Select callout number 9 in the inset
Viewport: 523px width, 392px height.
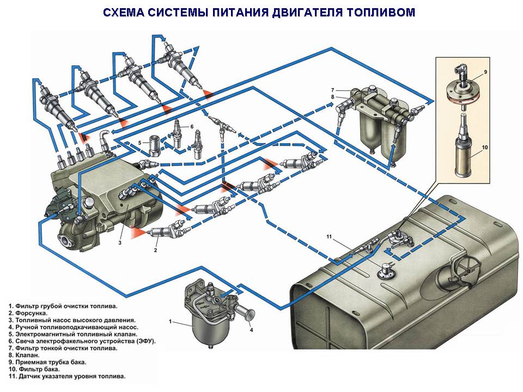[484, 71]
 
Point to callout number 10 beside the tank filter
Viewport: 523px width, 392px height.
[484, 147]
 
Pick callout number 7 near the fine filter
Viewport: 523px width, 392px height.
[331, 90]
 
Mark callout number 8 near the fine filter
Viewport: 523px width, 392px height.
[331, 97]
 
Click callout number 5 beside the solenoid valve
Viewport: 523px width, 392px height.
[139, 143]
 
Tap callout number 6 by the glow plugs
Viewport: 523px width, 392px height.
[192, 126]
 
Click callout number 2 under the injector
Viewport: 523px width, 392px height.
[155, 250]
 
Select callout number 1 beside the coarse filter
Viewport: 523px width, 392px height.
[171, 322]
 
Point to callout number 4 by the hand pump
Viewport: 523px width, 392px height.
[251, 329]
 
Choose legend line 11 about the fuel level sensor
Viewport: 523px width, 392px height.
[67, 376]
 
